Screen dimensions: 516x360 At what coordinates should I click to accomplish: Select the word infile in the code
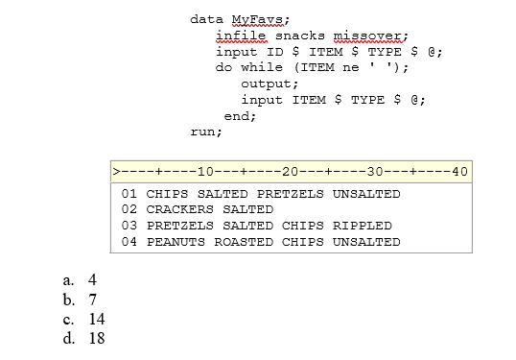click(x=240, y=36)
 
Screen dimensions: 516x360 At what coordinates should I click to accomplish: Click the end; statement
click(x=240, y=115)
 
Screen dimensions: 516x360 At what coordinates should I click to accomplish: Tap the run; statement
click(x=206, y=132)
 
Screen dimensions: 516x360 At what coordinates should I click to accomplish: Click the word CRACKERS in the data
click(x=179, y=209)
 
